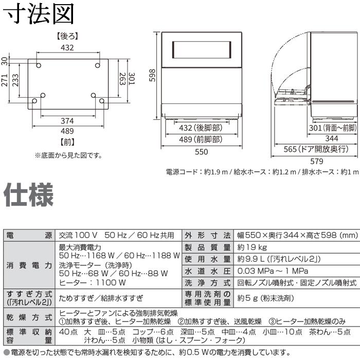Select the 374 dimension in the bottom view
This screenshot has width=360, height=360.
tap(67, 120)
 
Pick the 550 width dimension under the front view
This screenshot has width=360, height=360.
tap(201, 151)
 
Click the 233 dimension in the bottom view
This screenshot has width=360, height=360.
tap(16, 80)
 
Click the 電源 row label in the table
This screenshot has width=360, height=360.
tap(29, 236)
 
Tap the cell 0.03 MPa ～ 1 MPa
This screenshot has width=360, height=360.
tap(273, 271)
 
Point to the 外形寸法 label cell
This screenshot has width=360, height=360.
tap(208, 236)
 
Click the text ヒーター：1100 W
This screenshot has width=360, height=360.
tap(93, 282)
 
